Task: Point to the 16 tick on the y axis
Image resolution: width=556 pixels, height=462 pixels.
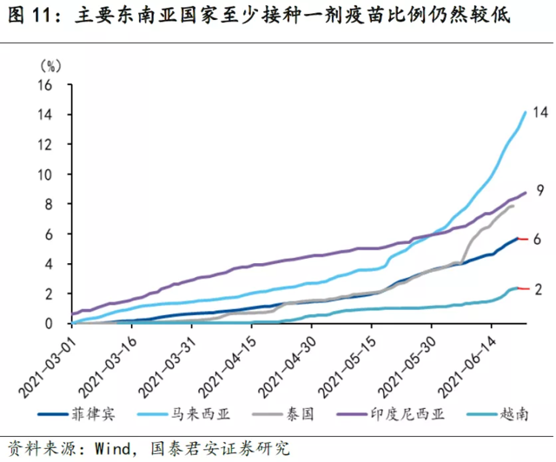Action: [49, 85]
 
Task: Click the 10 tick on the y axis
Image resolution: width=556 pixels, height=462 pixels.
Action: [49, 175]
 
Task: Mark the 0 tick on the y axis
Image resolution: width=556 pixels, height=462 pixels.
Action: [52, 323]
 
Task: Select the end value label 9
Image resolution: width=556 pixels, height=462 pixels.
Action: [539, 190]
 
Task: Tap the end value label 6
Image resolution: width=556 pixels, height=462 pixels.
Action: [538, 239]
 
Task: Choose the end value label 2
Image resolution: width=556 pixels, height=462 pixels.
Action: [538, 288]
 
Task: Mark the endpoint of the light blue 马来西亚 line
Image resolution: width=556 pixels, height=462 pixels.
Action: [526, 112]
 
